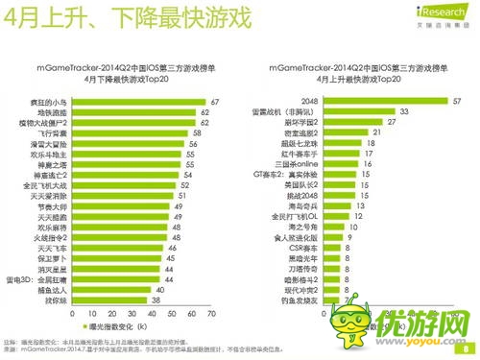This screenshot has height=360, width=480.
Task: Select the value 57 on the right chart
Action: coord(457,101)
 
